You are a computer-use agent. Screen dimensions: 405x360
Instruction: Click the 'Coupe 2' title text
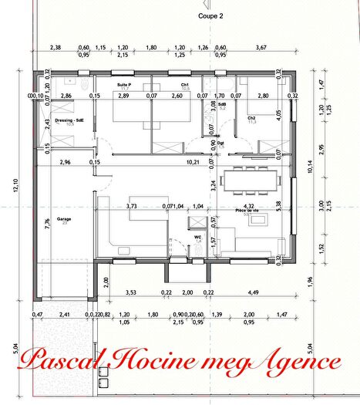point(210,15)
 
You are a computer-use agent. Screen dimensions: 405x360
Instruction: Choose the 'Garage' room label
point(52,219)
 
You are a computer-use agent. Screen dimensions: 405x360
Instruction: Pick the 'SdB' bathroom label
point(222,103)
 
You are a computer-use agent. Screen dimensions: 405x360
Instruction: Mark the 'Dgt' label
point(220,142)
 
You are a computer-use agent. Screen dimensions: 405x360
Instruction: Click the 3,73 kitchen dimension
point(131,206)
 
